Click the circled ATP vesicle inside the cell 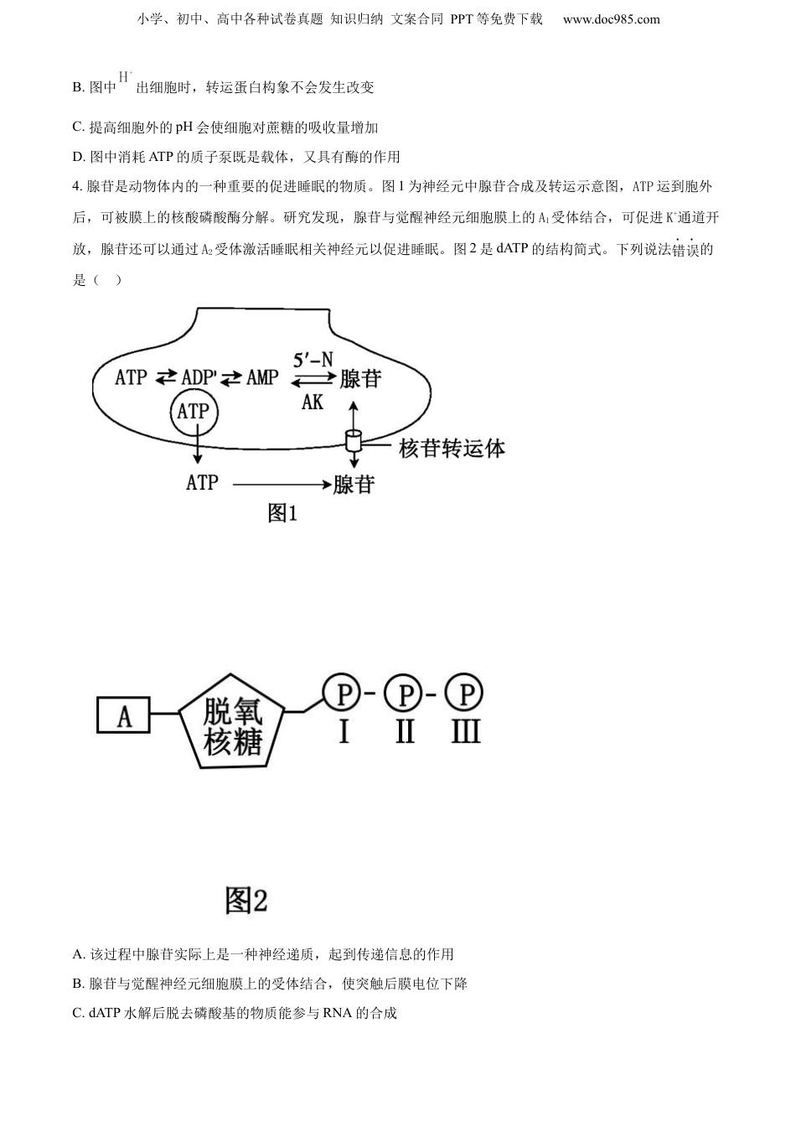[x=194, y=412]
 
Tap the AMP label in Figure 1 [x=262, y=377]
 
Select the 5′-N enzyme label [x=313, y=360]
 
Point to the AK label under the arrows [x=313, y=402]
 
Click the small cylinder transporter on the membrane [x=354, y=439]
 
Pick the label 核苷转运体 [x=452, y=449]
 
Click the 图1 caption [x=282, y=512]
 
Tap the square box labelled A [x=124, y=716]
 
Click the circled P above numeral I [x=343, y=693]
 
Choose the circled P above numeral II [x=404, y=693]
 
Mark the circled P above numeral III [x=465, y=693]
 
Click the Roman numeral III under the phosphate [x=465, y=732]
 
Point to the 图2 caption [x=246, y=901]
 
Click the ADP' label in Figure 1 [x=199, y=377]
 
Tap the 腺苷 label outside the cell [x=354, y=484]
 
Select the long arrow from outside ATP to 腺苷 [x=280, y=484]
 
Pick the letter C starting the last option [x=78, y=1013]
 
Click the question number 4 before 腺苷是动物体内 [x=77, y=186]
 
